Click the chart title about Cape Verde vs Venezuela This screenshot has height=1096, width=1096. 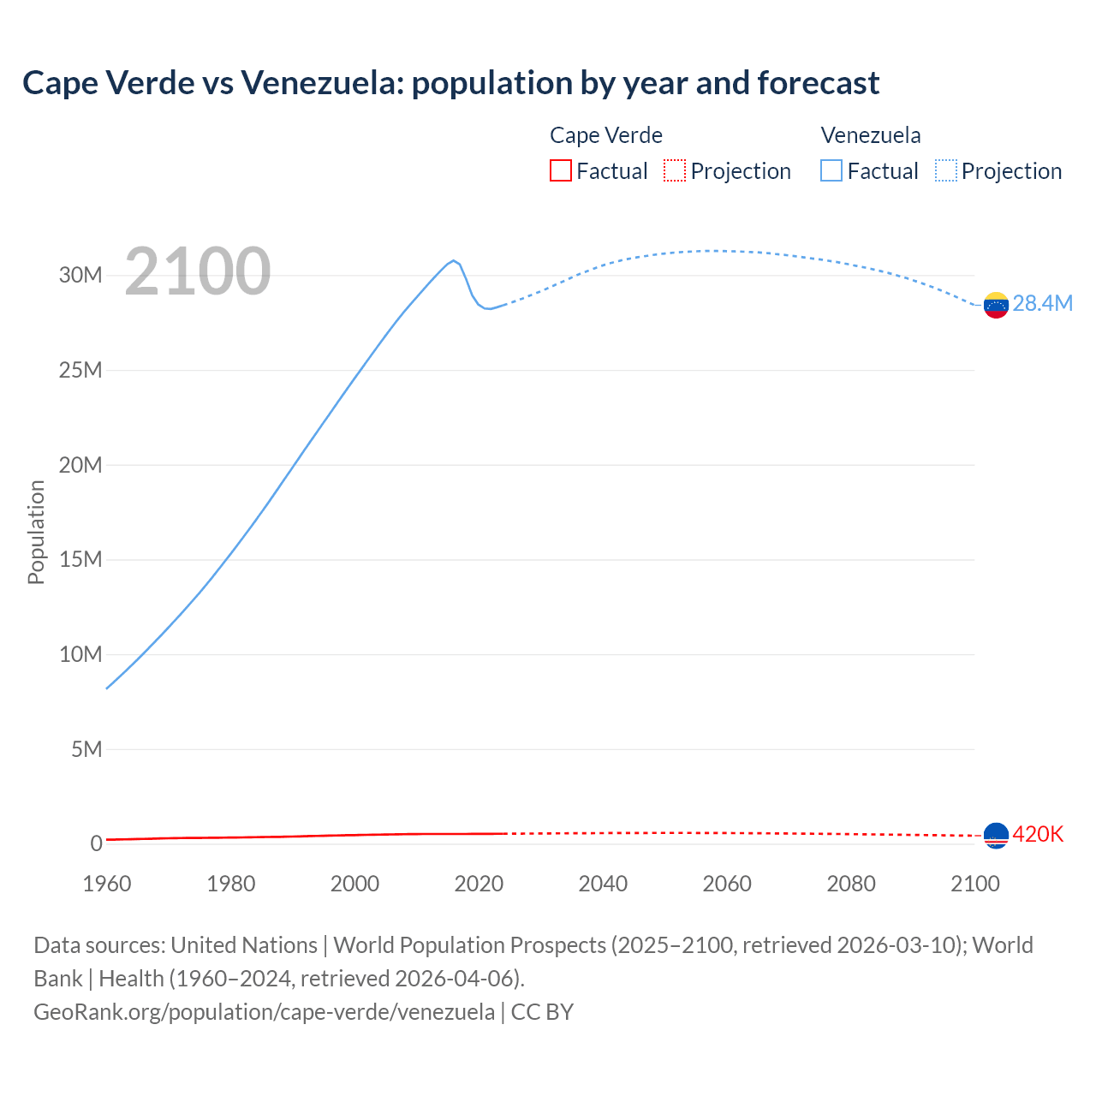(x=450, y=83)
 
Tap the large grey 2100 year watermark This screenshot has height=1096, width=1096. (x=198, y=272)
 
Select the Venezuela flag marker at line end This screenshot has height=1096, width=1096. (x=996, y=305)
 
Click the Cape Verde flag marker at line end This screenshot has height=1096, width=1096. (x=996, y=835)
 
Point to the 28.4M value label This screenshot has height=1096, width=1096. (x=1042, y=304)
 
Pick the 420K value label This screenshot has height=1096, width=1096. (x=1038, y=834)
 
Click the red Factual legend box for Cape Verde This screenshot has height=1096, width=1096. (x=561, y=171)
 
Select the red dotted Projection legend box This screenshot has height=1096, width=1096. (x=675, y=171)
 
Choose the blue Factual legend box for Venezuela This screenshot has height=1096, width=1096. (x=831, y=171)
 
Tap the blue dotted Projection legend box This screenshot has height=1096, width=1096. (x=946, y=171)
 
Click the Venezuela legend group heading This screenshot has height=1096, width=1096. (x=871, y=135)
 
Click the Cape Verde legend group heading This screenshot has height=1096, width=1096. (x=606, y=135)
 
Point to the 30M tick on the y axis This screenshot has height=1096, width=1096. (x=80, y=275)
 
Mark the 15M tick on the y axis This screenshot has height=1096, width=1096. (x=80, y=559)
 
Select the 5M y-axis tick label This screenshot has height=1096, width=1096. (x=86, y=749)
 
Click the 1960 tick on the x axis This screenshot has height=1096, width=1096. (x=107, y=884)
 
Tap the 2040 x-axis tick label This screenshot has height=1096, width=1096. (x=603, y=884)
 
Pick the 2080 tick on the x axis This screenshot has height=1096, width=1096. (x=851, y=884)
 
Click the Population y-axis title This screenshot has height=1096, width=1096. (x=36, y=532)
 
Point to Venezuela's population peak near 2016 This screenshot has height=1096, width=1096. (x=454, y=260)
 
